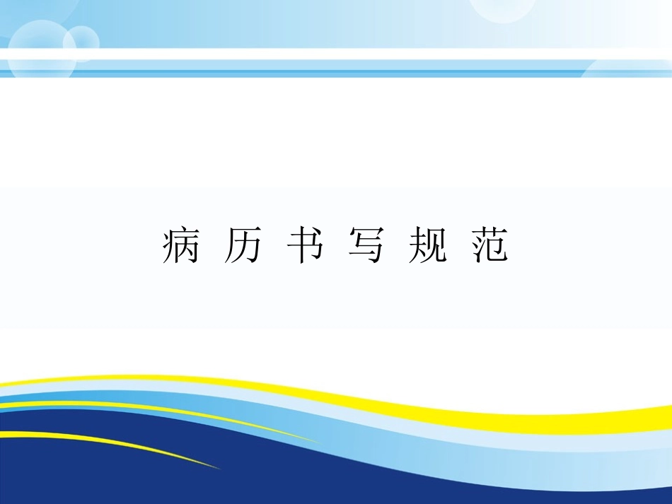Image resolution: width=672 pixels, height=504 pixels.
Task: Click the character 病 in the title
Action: point(180,246)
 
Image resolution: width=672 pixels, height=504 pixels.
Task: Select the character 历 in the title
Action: point(242,246)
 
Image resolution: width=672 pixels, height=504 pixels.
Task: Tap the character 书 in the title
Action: point(304,246)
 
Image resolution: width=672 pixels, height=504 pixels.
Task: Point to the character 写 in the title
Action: point(366,246)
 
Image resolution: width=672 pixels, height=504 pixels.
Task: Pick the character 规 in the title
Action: point(428,246)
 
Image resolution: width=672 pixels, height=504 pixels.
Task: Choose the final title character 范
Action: point(490,246)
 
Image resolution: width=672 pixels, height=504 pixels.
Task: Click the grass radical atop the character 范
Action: point(490,233)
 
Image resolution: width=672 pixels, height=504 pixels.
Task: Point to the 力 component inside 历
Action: point(246,250)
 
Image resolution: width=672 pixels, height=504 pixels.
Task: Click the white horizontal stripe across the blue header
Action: point(336,54)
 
